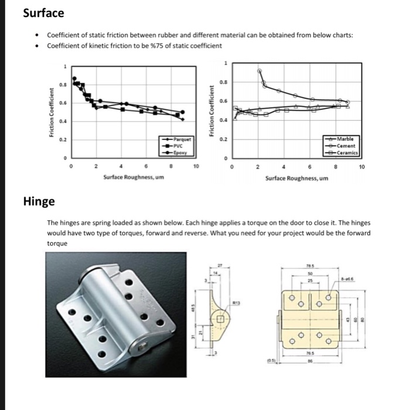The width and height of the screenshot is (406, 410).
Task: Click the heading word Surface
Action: (43, 12)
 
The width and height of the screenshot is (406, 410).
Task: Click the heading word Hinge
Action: (39, 201)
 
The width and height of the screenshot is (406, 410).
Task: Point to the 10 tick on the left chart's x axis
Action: (196, 167)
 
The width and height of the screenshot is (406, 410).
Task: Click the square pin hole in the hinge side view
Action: (221, 319)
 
